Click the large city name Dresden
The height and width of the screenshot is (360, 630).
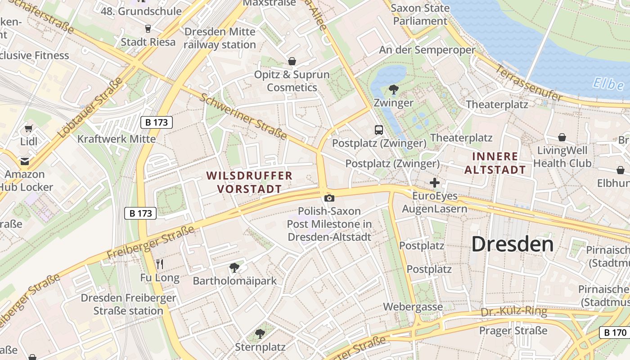tap(513, 244)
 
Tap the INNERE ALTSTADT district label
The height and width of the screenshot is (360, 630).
tap(495, 163)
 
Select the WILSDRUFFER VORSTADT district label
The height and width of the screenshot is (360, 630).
tap(249, 182)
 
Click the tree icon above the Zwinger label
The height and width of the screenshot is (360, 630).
tap(394, 89)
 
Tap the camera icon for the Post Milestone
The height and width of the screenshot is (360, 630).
tap(329, 198)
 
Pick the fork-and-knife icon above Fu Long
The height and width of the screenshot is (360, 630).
tap(160, 264)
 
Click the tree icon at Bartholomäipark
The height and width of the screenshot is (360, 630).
tap(234, 268)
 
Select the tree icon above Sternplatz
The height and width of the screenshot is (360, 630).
tap(260, 333)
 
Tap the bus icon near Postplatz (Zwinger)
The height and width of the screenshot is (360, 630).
tap(379, 130)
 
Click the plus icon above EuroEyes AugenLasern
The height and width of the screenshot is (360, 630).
tap(434, 183)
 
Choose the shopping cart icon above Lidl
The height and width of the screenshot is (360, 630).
tap(29, 129)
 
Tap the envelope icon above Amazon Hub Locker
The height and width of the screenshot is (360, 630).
tap(24, 161)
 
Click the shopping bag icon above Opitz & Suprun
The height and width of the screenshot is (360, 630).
tap(292, 61)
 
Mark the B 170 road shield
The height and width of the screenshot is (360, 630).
tap(614, 333)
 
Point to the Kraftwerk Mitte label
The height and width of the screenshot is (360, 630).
tap(117, 139)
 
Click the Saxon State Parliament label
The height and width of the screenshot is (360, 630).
tap(420, 14)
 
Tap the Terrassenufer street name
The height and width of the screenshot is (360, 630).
tap(529, 83)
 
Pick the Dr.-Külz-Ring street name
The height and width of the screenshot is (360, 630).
tap(514, 312)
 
